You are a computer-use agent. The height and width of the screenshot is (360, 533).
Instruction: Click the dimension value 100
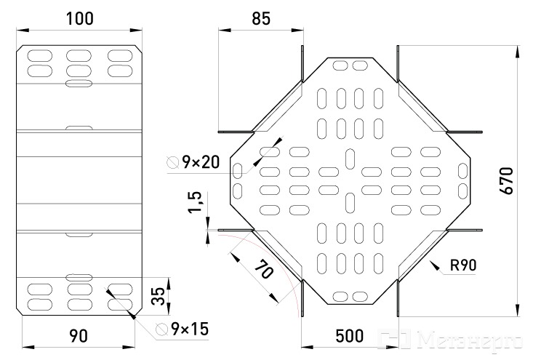point(79,18)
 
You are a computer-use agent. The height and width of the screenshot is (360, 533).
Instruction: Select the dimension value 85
point(261,18)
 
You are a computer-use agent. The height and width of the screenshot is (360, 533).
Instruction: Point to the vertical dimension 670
point(507,180)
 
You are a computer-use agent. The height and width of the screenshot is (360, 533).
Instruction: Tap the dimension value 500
point(350,336)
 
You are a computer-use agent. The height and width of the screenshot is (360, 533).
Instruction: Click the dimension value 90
point(79,336)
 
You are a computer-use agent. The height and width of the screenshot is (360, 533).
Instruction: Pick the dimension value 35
point(158,296)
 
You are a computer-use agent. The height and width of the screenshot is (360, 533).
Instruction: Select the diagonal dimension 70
point(264,268)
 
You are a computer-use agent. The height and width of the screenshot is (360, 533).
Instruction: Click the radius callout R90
point(463,265)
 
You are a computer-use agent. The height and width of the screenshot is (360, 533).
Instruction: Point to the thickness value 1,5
point(196,202)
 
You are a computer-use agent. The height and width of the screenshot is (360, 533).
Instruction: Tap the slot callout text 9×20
point(201,162)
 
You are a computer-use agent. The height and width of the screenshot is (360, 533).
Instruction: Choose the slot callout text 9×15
point(190,329)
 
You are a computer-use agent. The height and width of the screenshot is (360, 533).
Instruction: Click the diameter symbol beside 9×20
point(172,162)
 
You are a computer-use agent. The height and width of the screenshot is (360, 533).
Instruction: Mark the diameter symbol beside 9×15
point(161,329)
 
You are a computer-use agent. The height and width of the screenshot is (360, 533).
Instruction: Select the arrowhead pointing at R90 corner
point(433,265)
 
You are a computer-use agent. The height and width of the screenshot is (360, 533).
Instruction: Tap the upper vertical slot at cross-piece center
point(350,159)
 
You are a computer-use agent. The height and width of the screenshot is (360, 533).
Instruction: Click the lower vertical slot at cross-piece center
point(350,203)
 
